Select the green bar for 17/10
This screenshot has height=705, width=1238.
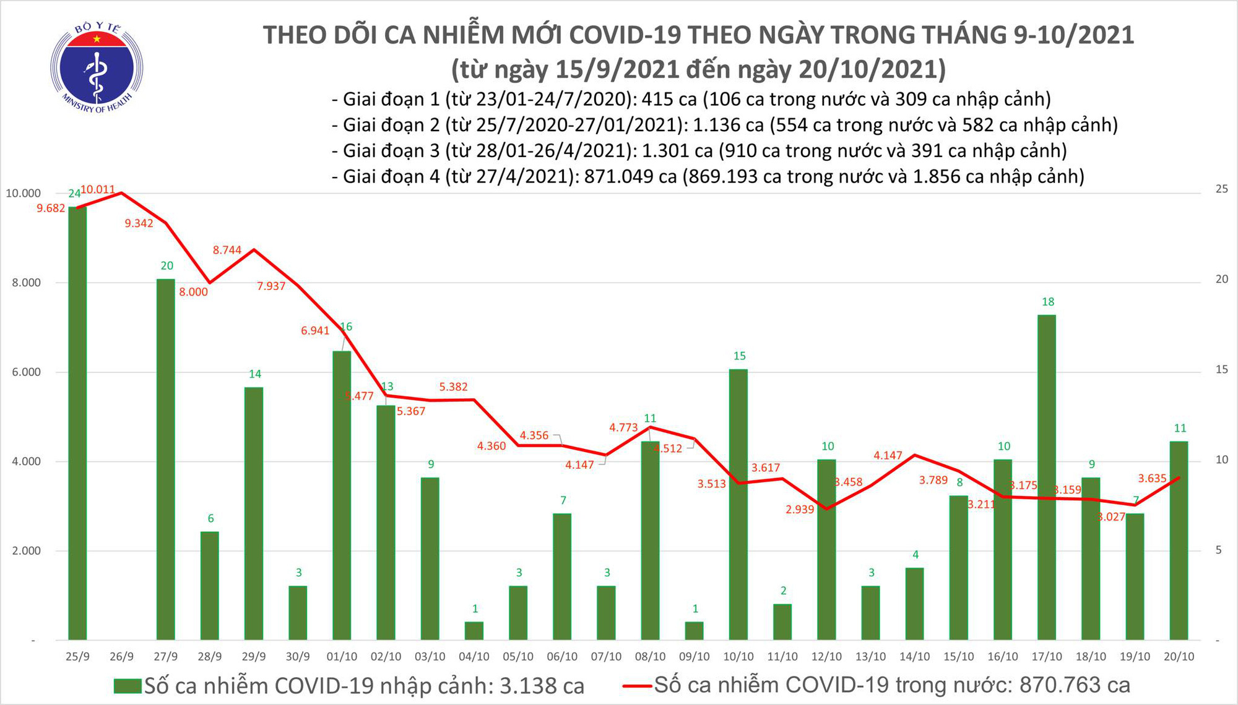point(1046,476)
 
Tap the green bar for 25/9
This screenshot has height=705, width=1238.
point(77,423)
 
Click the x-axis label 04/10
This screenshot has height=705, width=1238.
point(474,657)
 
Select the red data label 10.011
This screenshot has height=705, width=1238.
point(98,189)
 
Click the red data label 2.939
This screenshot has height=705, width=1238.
point(800,510)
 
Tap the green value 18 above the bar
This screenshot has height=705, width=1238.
point(1047,302)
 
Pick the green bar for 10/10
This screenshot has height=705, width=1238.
point(738,504)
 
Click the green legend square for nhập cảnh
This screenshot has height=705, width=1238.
point(128,686)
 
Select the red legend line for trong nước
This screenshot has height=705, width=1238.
point(636,685)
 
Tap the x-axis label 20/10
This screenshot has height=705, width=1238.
point(1179,657)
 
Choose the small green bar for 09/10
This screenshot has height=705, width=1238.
point(694,631)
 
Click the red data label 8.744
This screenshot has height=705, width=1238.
point(227,250)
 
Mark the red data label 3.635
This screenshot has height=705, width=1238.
point(1152,478)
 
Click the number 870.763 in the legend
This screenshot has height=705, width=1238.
point(1059,685)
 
